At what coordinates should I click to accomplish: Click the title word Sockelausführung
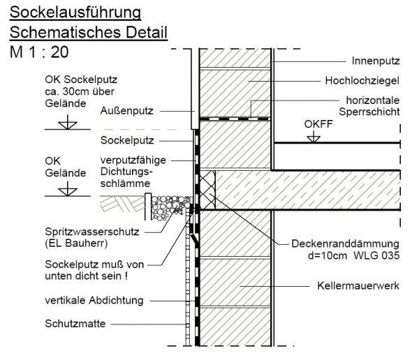(x=75, y=13)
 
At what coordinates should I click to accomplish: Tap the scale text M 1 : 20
(x=39, y=52)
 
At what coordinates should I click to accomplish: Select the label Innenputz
(x=376, y=61)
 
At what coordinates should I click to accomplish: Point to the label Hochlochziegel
(x=362, y=81)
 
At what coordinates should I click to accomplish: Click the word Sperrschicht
(x=369, y=112)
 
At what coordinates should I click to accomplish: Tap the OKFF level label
(x=318, y=124)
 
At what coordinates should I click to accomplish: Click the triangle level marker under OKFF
(x=314, y=139)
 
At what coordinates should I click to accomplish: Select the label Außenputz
(x=126, y=111)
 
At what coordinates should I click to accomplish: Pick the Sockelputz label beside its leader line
(x=127, y=140)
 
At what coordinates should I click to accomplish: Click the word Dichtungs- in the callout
(x=126, y=172)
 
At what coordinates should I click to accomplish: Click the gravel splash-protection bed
(x=171, y=207)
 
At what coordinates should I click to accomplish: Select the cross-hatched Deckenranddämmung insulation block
(x=207, y=190)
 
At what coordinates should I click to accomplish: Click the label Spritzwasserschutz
(x=92, y=232)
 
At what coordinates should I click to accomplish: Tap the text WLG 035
(x=376, y=255)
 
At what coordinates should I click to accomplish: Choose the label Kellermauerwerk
(x=358, y=286)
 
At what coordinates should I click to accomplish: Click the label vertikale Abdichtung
(x=94, y=301)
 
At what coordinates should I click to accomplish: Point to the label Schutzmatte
(x=75, y=324)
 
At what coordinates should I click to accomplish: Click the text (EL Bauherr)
(x=76, y=243)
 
